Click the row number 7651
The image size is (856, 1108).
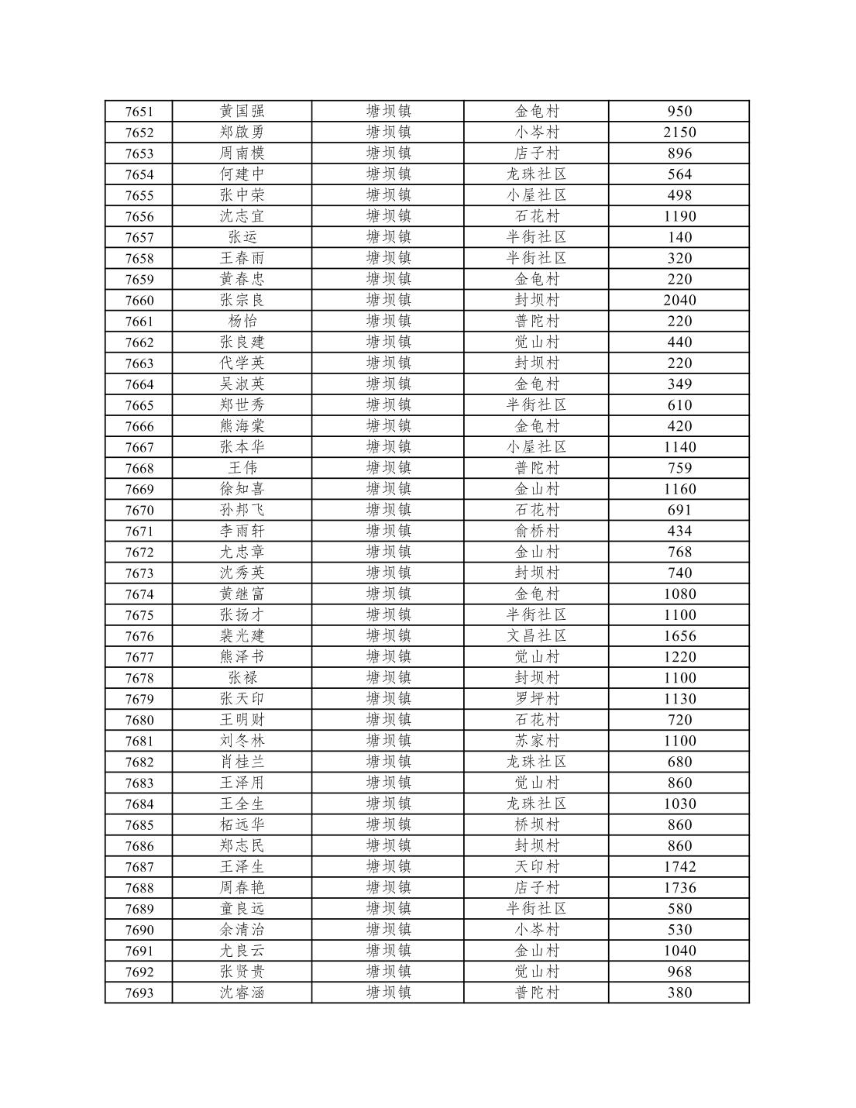click(139, 112)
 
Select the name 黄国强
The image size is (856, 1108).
click(242, 112)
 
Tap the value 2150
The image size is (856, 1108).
click(679, 132)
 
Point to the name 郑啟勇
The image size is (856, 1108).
click(242, 132)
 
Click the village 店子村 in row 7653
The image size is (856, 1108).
click(537, 153)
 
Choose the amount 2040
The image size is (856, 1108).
click(679, 301)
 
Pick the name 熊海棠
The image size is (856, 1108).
click(242, 426)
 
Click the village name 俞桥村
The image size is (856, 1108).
click(537, 532)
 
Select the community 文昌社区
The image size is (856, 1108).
click(537, 636)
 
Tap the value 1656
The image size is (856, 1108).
click(679, 636)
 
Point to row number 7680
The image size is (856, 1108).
click(139, 721)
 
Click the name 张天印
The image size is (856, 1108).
click(242, 699)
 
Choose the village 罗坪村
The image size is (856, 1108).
click(537, 699)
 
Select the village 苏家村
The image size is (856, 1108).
click(537, 742)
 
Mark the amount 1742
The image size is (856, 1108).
click(679, 867)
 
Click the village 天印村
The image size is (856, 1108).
click(537, 867)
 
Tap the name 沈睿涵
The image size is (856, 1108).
click(242, 993)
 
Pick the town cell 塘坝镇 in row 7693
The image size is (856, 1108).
click(388, 993)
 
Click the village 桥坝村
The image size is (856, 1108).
click(537, 825)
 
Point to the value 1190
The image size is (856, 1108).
click(679, 216)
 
